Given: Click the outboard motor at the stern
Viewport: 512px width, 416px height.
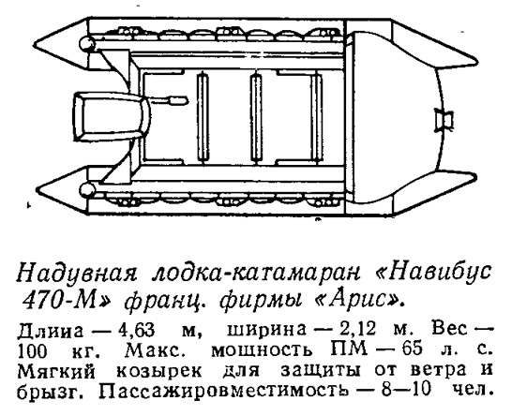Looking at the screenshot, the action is tap(111, 117).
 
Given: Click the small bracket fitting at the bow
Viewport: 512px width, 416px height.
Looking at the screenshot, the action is tap(444, 120).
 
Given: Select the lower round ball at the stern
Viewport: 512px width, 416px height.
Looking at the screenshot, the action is tap(87, 189).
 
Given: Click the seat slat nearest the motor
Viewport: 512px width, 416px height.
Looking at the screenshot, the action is tap(203, 117).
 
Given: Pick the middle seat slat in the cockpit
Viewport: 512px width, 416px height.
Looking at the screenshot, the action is tap(256, 117).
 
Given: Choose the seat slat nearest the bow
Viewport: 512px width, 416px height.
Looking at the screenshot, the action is tap(316, 117).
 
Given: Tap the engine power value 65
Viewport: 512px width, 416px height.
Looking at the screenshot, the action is tap(413, 350).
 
